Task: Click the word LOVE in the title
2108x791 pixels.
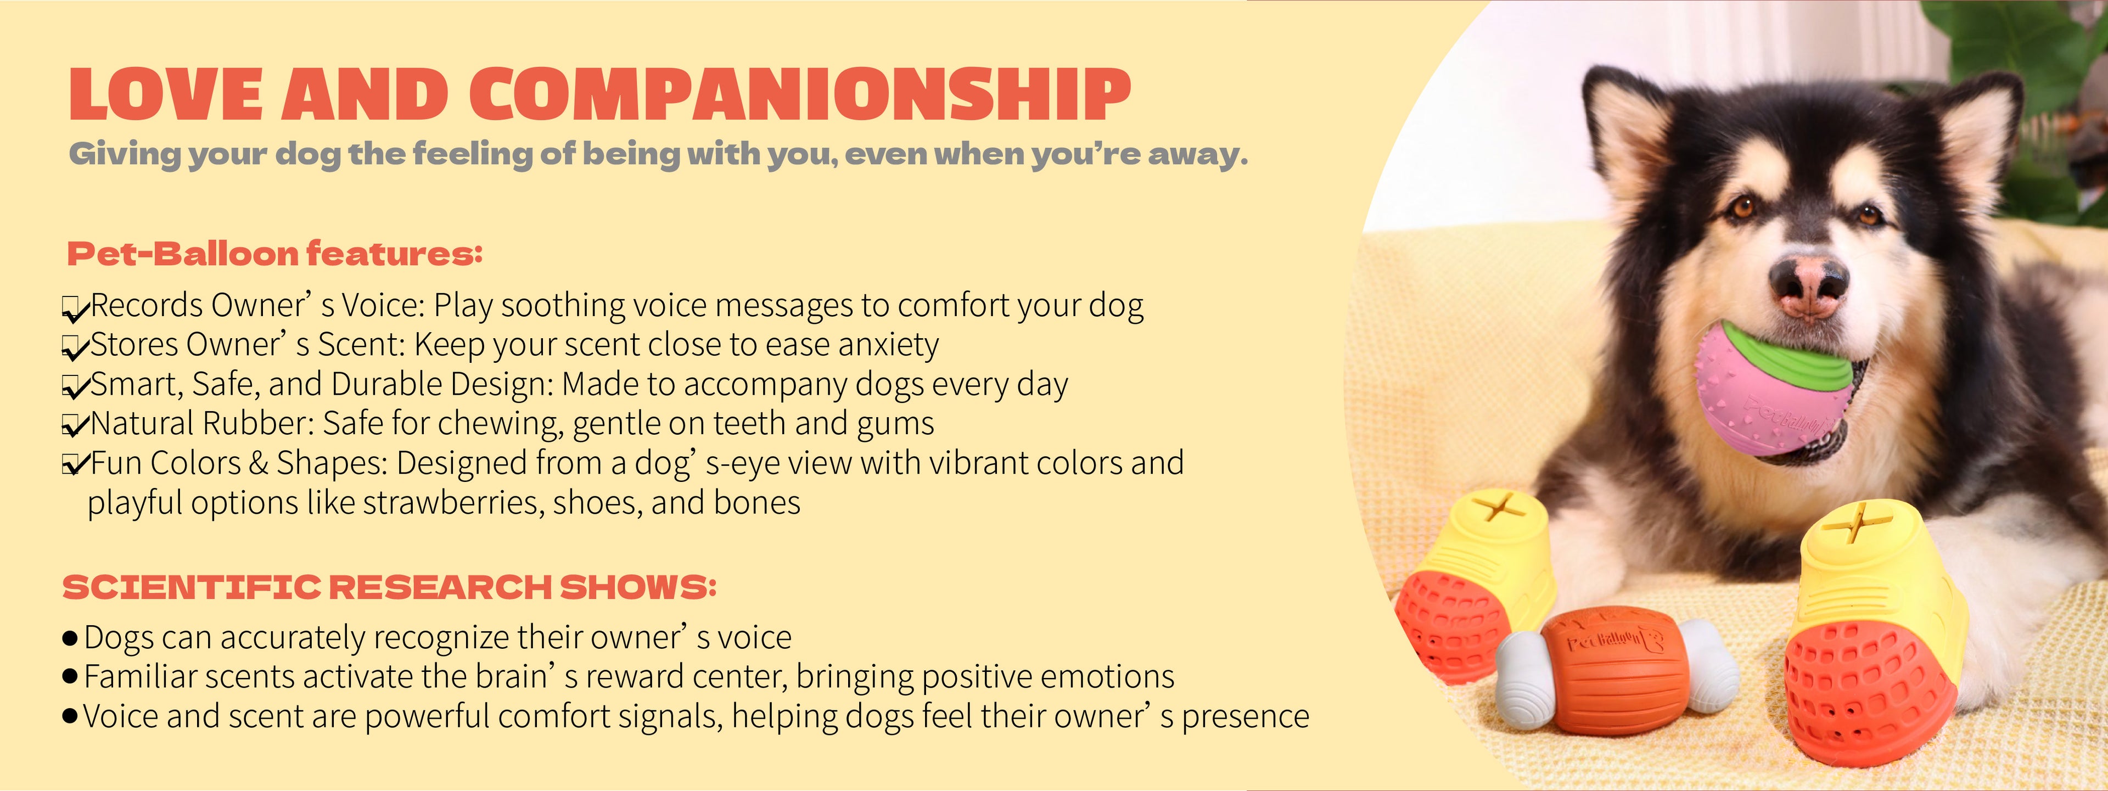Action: click(x=165, y=95)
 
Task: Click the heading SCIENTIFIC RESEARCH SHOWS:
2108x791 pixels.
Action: click(x=390, y=587)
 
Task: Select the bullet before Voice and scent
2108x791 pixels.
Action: click(x=70, y=716)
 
